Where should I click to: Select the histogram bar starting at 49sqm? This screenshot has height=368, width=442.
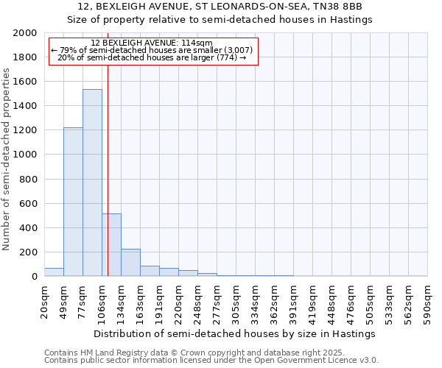[x=73, y=202]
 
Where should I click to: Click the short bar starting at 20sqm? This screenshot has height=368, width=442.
[x=54, y=272]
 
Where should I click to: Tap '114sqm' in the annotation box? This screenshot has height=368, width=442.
[x=197, y=43]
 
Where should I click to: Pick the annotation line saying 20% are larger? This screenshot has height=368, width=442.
[x=151, y=57]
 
